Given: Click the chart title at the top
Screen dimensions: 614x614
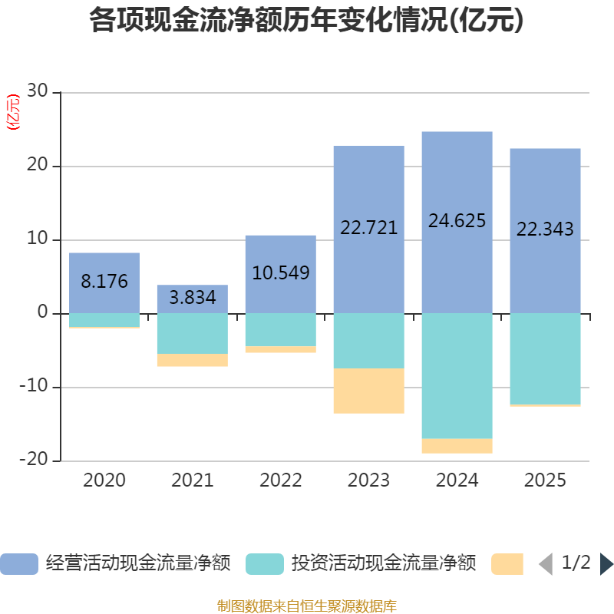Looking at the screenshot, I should [x=307, y=21].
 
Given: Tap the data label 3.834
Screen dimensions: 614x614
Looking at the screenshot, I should [x=193, y=298].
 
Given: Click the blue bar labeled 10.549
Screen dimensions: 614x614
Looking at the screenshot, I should [x=281, y=253].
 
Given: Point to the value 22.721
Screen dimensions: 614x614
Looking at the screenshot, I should [x=368, y=228].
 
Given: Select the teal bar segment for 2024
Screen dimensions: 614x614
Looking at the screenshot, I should [x=457, y=376].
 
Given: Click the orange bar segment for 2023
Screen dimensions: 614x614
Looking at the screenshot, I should [x=368, y=391].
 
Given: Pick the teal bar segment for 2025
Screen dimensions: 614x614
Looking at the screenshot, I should [x=545, y=358].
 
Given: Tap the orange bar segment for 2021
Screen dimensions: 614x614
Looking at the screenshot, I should [x=193, y=360].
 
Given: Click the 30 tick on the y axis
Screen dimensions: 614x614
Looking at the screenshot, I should [x=37, y=92].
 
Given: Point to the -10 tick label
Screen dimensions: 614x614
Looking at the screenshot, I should [x=33, y=387].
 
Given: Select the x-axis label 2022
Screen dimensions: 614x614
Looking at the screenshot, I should [x=281, y=481].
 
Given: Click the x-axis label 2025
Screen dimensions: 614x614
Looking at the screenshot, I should [x=545, y=481].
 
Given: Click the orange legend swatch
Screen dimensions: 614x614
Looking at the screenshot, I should [x=507, y=564].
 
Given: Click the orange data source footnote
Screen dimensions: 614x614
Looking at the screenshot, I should [x=307, y=606].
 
